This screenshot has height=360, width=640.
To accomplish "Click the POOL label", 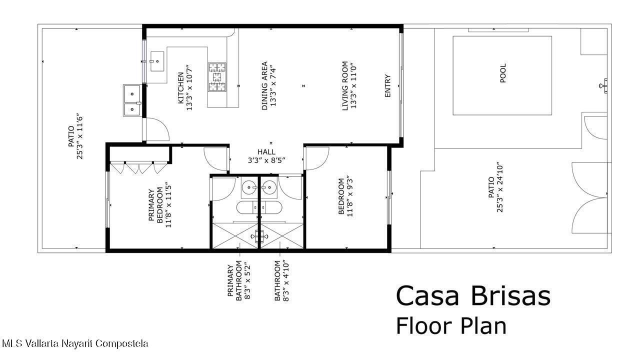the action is (x=503, y=73).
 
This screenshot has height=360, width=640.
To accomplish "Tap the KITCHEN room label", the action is (x=181, y=88).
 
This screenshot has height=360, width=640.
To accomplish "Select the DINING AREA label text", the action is (x=265, y=85).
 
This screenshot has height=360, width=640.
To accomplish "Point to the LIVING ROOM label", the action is (x=345, y=85).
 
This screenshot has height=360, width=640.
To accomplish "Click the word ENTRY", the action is (x=387, y=85).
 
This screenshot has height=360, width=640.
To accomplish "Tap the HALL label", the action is (x=266, y=152).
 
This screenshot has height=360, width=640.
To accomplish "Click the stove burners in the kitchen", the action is (x=217, y=77).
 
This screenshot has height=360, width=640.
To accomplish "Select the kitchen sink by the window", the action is (x=157, y=61).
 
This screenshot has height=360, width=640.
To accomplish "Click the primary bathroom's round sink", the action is (x=249, y=187).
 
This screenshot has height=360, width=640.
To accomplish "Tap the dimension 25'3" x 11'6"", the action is (x=79, y=137).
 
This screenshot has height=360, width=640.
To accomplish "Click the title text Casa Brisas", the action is (x=473, y=296).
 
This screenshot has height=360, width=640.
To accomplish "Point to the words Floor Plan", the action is (x=451, y=326).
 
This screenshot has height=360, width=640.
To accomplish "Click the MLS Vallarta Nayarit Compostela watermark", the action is (x=75, y=343).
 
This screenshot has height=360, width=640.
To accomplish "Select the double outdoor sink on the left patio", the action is (x=132, y=100).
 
